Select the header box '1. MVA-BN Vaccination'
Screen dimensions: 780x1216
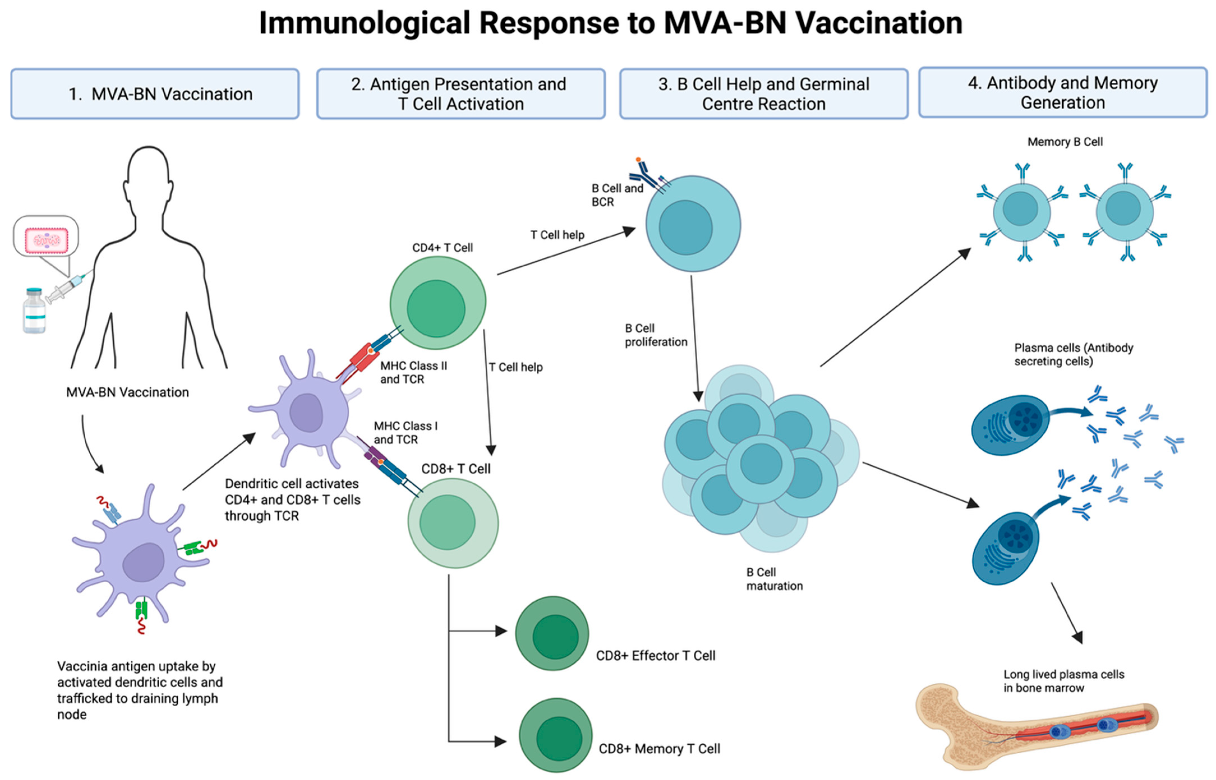[155, 94]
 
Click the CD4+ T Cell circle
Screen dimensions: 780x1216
[438, 303]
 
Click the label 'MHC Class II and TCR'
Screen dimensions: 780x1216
[413, 372]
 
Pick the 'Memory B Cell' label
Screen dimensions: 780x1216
[1065, 142]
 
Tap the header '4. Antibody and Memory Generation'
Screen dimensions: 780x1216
[1063, 93]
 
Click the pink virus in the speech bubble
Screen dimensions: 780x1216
[47, 239]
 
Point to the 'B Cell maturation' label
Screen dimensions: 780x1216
[774, 579]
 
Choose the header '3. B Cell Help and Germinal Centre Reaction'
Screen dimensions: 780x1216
[763, 94]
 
